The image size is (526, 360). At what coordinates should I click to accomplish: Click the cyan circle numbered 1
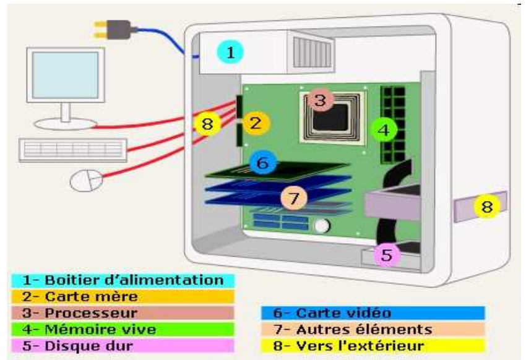[230, 53]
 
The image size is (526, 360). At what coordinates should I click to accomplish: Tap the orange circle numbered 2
[257, 123]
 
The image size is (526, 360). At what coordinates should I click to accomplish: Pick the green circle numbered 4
[384, 130]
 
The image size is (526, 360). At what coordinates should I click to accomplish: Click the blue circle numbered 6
[262, 163]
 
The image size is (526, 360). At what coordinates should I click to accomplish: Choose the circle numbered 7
[294, 198]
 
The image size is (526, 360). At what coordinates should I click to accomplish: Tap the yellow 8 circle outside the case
[487, 207]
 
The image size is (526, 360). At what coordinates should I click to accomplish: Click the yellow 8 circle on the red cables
[207, 124]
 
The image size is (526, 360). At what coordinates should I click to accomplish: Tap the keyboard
[73, 148]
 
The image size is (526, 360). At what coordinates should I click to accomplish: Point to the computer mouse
[85, 181]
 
